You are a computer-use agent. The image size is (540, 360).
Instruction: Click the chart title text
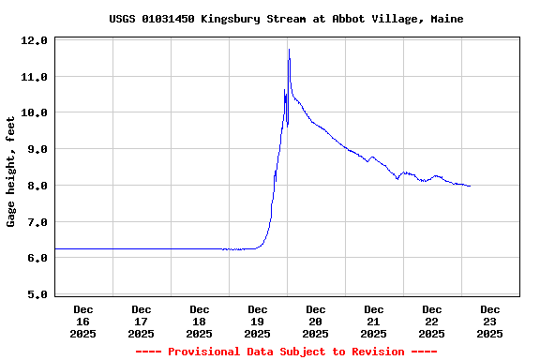(x=286, y=19)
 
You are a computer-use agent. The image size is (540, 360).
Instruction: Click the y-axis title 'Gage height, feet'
(x=11, y=172)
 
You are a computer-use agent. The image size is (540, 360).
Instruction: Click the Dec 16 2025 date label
(x=83, y=322)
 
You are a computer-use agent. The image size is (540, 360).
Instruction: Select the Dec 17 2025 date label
(x=142, y=322)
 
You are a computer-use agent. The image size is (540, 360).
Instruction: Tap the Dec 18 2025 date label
(x=200, y=322)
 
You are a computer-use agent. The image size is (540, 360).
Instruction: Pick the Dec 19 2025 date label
(x=258, y=322)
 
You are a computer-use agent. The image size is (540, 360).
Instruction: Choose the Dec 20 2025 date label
(x=316, y=322)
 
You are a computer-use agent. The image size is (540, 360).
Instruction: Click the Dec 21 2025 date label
(x=374, y=322)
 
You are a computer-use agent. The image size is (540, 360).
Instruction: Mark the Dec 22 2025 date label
(x=432, y=322)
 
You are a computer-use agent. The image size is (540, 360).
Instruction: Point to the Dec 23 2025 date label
(x=490, y=322)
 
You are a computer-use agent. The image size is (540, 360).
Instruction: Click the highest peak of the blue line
(x=289, y=50)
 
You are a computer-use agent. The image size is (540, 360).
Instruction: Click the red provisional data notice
(x=286, y=352)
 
